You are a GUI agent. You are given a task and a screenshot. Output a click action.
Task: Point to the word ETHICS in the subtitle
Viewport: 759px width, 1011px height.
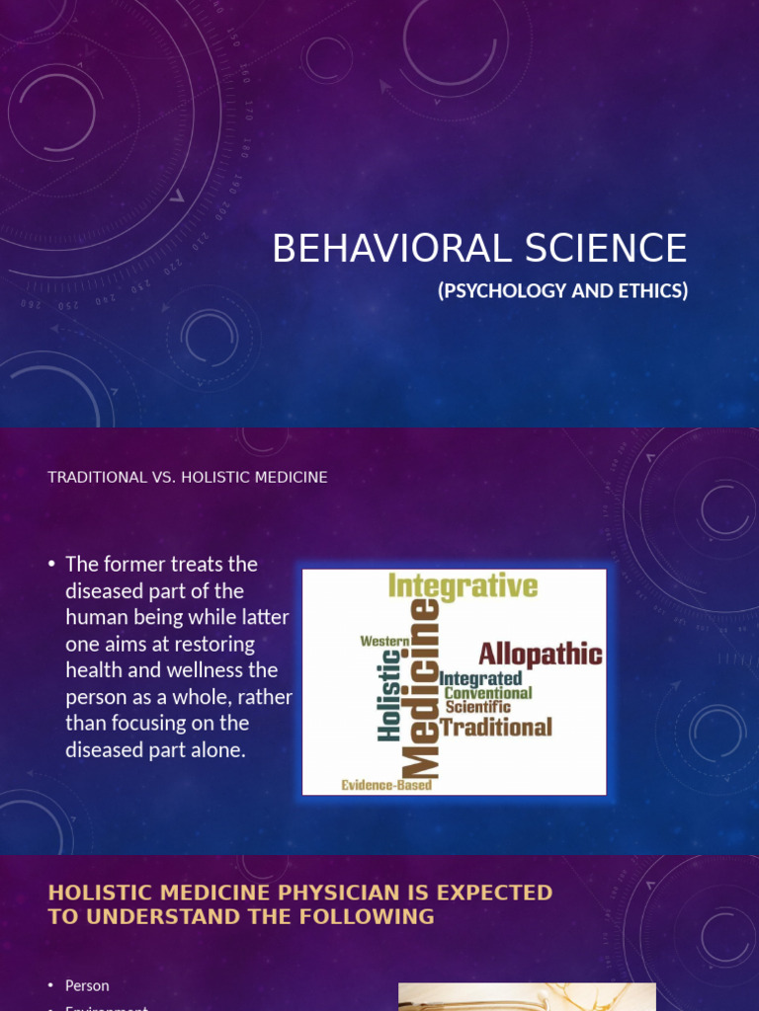650,291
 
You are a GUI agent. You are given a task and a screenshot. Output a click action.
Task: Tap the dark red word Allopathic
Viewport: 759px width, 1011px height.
541,654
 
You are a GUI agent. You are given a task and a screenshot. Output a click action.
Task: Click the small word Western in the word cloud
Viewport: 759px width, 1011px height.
384,641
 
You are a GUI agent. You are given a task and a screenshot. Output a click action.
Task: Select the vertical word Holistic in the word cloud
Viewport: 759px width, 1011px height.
389,695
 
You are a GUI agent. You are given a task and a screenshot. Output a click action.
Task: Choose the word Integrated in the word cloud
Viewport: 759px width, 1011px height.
481,678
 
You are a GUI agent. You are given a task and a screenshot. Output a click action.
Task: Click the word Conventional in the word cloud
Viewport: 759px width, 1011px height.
488,693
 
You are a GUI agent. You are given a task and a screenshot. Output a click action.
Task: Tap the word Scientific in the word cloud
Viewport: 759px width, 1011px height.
478,707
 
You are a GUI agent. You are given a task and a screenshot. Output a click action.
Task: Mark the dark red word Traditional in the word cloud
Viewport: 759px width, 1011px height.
496,728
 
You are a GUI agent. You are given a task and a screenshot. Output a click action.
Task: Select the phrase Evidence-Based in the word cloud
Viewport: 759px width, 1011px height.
386,785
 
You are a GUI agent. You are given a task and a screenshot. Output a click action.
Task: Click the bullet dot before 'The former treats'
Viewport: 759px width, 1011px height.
51,565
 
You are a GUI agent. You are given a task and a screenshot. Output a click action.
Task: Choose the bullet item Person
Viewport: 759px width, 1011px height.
87,985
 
